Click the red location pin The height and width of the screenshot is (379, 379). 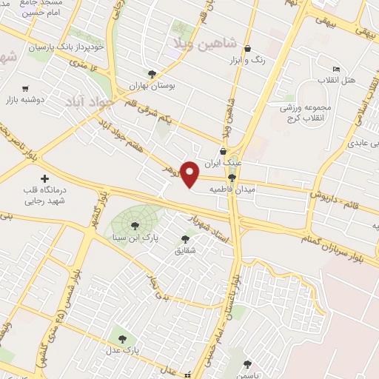click(x=191, y=174)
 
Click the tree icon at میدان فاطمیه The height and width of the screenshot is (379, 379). click(x=232, y=178)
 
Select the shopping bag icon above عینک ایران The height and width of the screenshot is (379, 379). click(x=223, y=151)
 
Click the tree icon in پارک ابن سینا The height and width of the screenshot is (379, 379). click(x=135, y=226)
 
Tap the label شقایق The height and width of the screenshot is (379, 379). click(x=185, y=250)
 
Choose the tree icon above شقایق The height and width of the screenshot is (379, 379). click(x=185, y=239)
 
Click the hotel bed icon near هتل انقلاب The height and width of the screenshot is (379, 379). click(x=336, y=69)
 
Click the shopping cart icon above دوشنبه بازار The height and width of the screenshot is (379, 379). click(x=26, y=87)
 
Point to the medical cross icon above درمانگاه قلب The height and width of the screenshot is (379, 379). click(x=45, y=178)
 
